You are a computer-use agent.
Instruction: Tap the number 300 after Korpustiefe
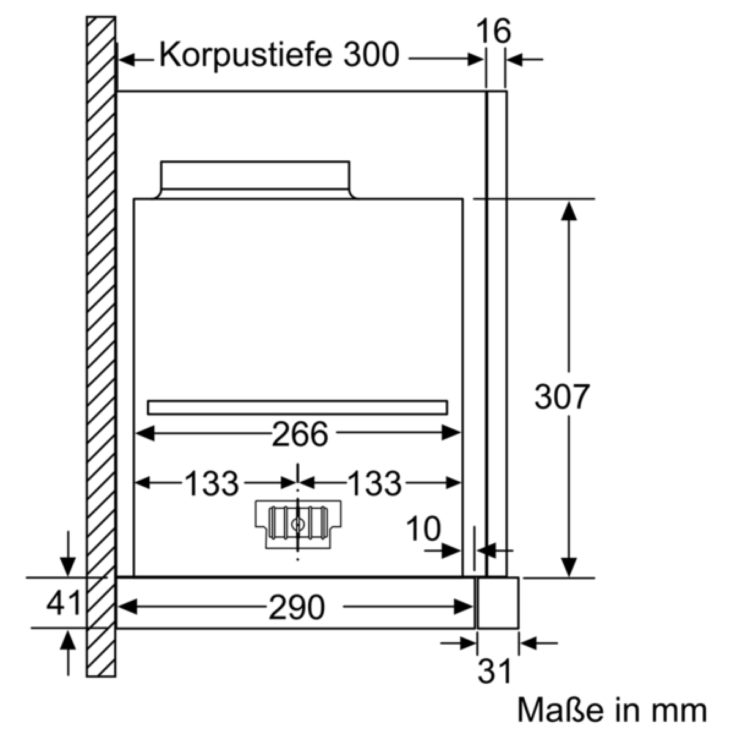371,55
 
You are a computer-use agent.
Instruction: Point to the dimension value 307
562,396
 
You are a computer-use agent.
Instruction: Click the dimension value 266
300,434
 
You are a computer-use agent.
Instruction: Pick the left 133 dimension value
212,483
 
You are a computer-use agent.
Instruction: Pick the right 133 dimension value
375,483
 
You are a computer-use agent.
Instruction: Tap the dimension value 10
423,528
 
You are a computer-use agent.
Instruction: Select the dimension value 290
297,607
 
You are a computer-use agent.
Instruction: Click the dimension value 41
63,602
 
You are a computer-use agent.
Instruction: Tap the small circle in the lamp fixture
297,524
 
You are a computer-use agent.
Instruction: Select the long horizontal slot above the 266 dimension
297,407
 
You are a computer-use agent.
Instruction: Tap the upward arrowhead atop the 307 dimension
569,210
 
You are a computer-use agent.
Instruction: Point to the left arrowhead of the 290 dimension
128,607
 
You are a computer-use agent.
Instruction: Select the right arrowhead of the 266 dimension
451,432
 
